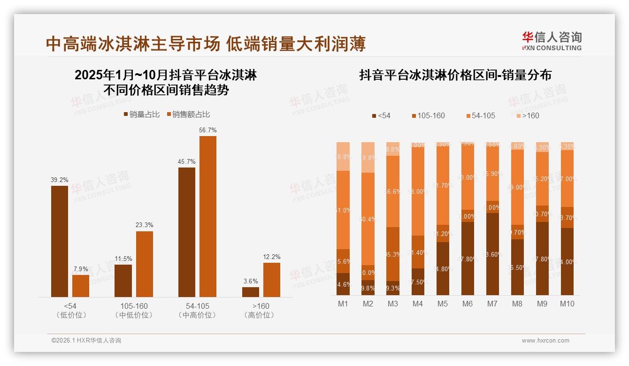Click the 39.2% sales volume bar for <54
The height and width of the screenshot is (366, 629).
[x=60, y=241]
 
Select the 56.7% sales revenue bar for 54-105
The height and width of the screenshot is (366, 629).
[x=208, y=216]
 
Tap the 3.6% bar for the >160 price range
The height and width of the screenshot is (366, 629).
[x=251, y=292]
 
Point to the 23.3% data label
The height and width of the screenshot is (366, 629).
[x=145, y=225]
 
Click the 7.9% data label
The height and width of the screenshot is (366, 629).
[x=81, y=269]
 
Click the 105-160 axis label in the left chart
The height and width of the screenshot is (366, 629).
[x=134, y=306]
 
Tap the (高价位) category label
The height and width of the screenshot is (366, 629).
[x=259, y=315]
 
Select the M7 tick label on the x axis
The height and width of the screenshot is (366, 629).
[x=492, y=304]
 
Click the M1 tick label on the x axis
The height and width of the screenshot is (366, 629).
[x=343, y=304]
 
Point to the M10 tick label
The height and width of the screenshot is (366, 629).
[x=567, y=304]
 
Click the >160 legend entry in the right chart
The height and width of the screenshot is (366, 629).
[x=528, y=115]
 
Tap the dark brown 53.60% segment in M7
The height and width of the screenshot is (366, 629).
[x=492, y=254]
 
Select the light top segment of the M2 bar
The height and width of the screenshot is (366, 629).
[x=368, y=157]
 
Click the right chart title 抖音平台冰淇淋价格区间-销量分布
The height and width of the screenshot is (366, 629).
[x=455, y=75]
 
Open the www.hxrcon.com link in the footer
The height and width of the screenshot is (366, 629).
[x=545, y=341]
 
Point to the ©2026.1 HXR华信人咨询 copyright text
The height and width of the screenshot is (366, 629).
[x=86, y=341]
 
